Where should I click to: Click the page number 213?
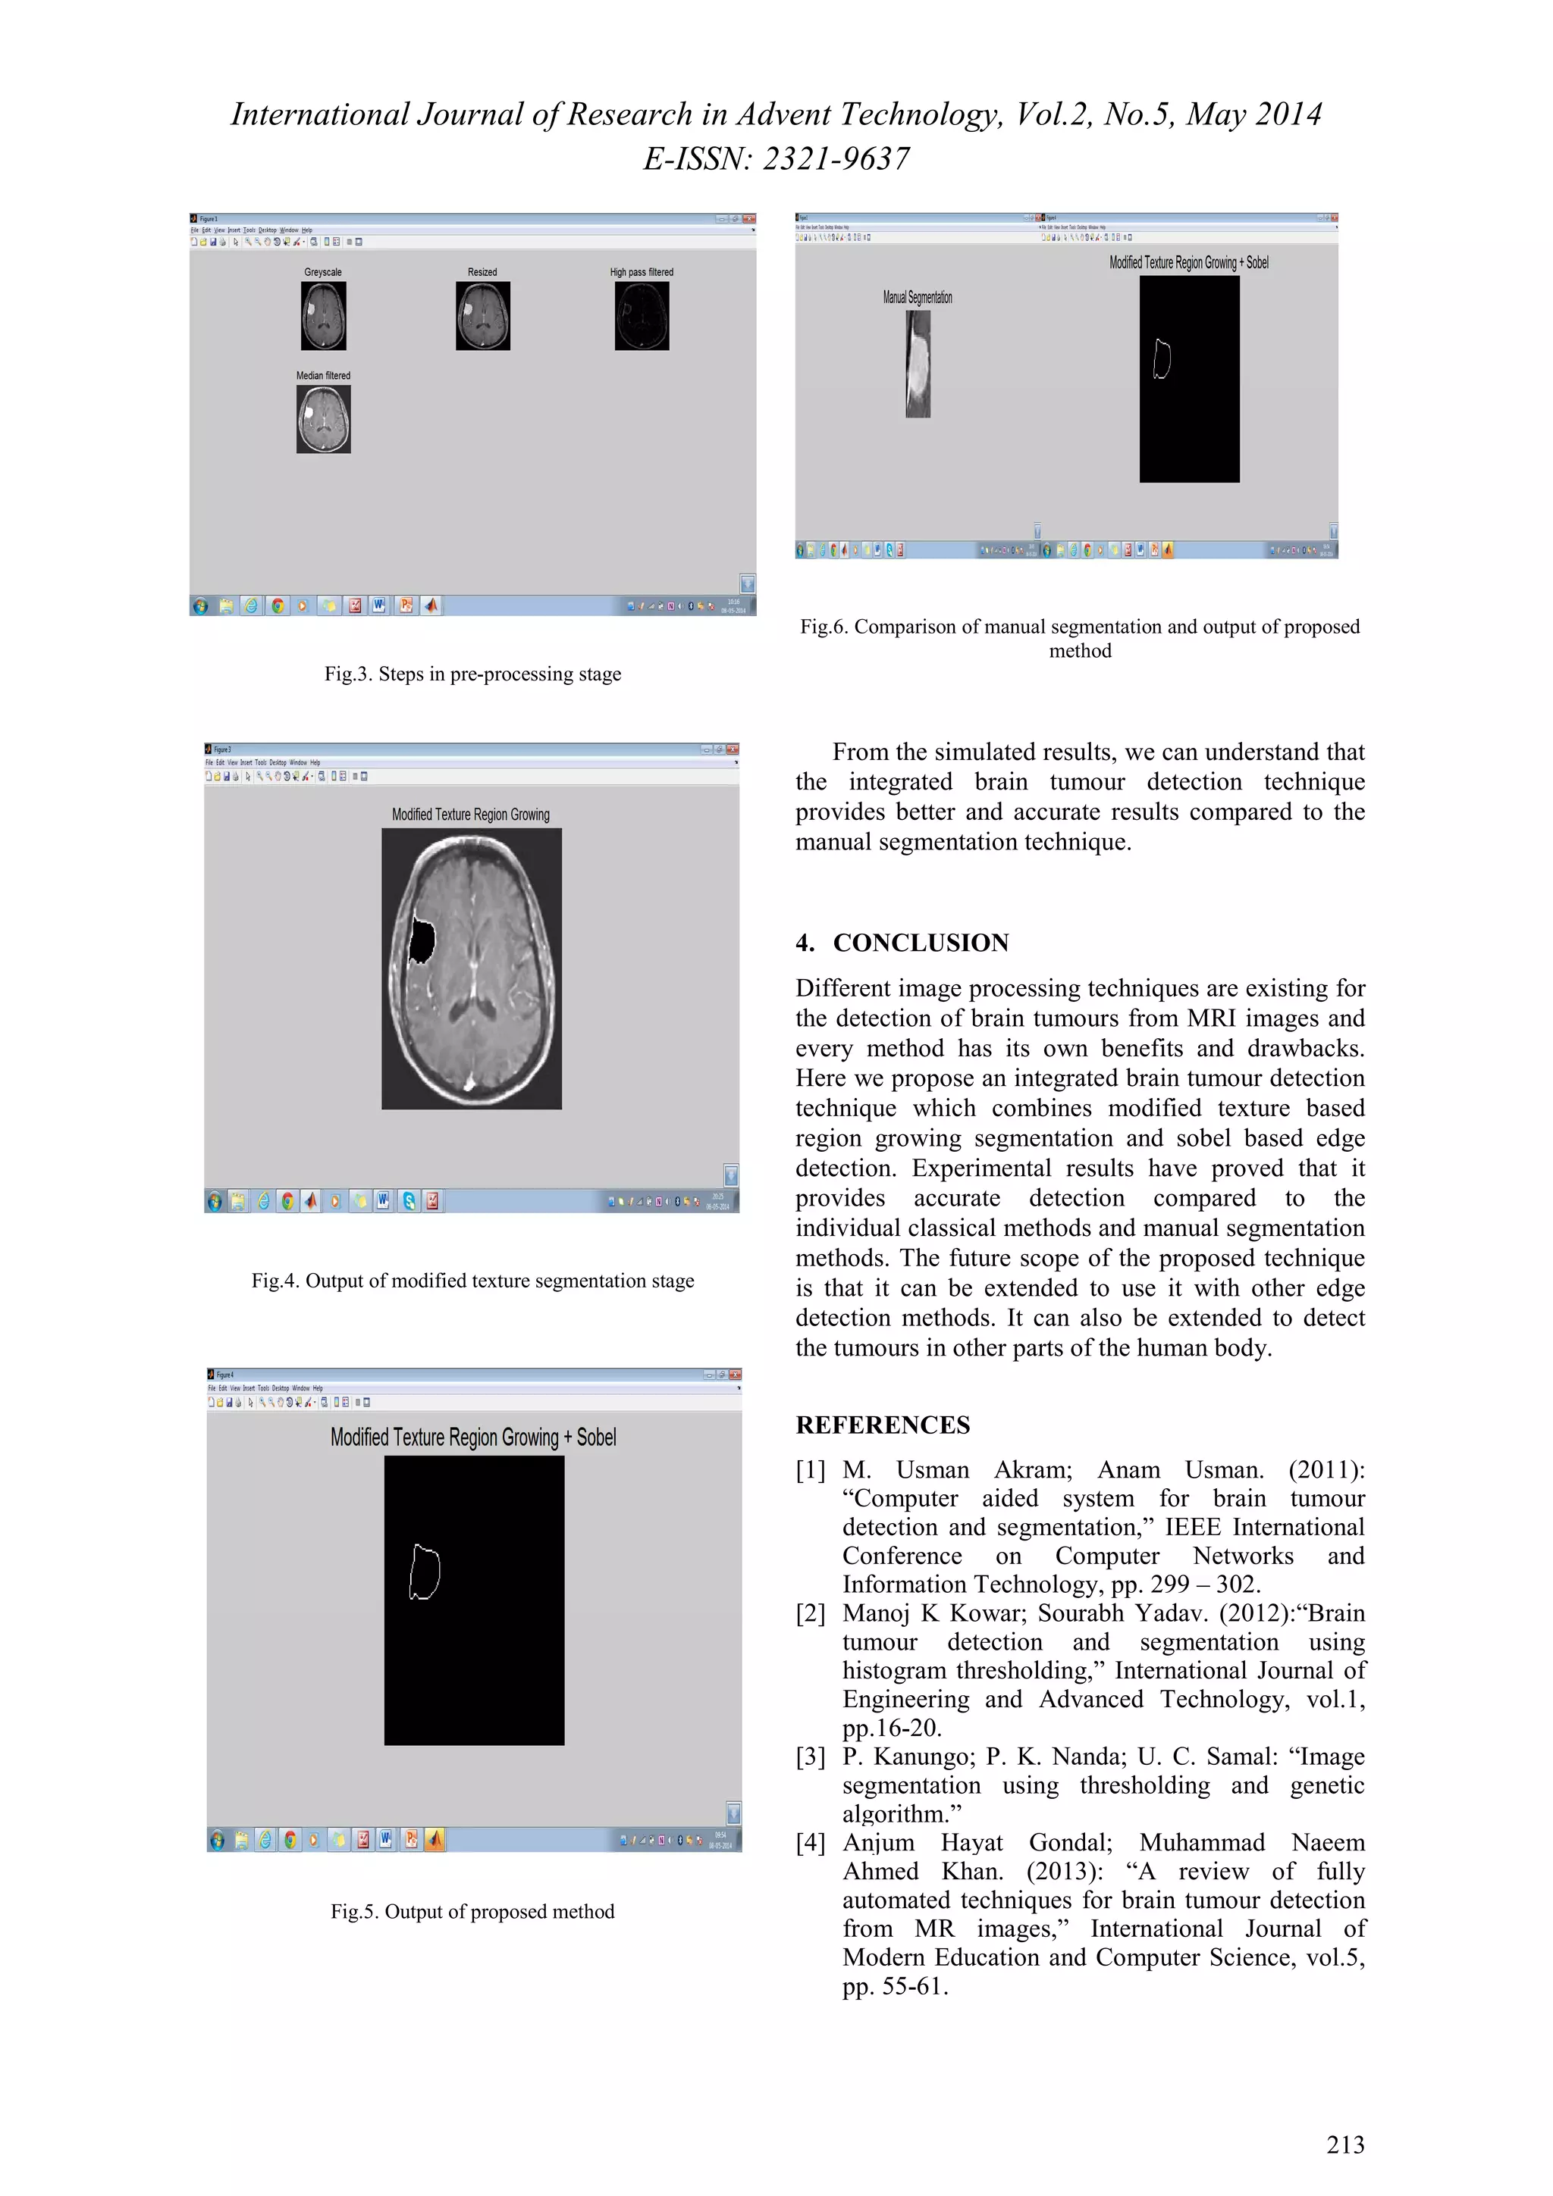(x=1344, y=2144)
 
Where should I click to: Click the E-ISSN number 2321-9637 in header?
(x=836, y=159)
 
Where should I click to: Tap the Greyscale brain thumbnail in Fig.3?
(x=324, y=316)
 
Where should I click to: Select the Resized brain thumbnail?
(x=482, y=316)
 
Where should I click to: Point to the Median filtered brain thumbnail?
(x=324, y=419)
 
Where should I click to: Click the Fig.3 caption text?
(x=472, y=674)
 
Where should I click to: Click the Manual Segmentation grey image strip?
(x=918, y=364)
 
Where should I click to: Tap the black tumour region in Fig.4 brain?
(x=421, y=939)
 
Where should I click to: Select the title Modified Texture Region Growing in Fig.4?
(x=471, y=815)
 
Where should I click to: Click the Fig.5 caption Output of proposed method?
(x=472, y=1911)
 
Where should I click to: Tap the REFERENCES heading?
(x=882, y=1425)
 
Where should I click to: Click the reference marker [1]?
(x=810, y=1470)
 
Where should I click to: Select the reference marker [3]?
(x=810, y=1757)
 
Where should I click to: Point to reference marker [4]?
(x=810, y=1843)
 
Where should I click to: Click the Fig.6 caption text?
(x=1079, y=638)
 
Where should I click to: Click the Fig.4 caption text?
(x=472, y=1281)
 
